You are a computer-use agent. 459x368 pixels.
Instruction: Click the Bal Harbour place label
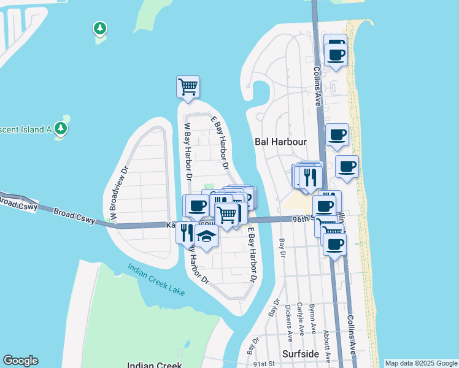pyautogui.click(x=280, y=142)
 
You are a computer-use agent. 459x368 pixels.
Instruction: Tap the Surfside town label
pyautogui.click(x=301, y=355)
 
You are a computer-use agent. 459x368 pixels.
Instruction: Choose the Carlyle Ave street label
pyautogui.click(x=300, y=319)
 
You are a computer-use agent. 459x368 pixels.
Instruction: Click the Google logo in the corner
pyautogui.click(x=20, y=361)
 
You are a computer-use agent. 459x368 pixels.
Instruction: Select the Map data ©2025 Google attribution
pyautogui.click(x=421, y=363)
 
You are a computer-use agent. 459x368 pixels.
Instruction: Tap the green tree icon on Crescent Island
pyautogui.click(x=60, y=128)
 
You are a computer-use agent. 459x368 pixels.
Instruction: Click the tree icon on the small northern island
pyautogui.click(x=99, y=28)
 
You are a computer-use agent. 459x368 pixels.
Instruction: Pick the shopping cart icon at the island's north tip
pyautogui.click(x=188, y=86)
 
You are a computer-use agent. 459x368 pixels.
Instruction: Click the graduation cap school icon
pyautogui.click(x=207, y=237)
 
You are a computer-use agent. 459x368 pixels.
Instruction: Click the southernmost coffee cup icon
pyautogui.click(x=334, y=244)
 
